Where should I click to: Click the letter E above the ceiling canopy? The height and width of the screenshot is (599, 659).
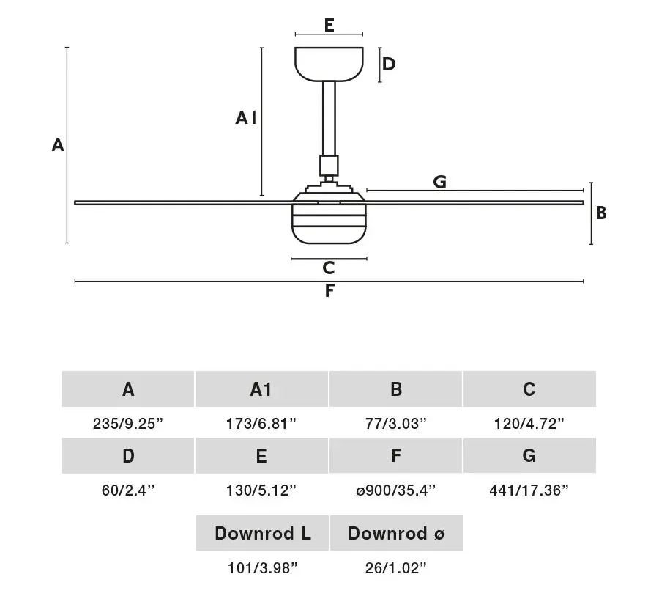click(x=329, y=25)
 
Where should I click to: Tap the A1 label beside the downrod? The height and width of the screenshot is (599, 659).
click(x=246, y=118)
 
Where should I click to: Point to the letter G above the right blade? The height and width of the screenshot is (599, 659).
click(x=439, y=182)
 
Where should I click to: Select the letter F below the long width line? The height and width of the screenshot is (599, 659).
click(x=329, y=290)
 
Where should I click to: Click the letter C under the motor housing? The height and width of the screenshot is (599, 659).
click(x=329, y=268)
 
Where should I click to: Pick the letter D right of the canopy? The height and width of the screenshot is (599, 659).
click(x=389, y=64)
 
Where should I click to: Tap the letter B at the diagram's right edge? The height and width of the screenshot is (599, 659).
click(x=601, y=213)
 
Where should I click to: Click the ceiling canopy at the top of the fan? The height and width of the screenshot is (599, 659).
click(x=329, y=64)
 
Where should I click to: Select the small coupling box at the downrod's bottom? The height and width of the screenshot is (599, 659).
click(x=329, y=166)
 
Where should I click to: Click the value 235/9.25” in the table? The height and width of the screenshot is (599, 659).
click(x=127, y=424)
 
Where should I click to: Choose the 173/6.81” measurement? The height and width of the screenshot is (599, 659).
click(x=261, y=424)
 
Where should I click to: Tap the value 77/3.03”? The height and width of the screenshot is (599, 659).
click(x=396, y=424)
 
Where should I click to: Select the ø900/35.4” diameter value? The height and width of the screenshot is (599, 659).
click(x=396, y=490)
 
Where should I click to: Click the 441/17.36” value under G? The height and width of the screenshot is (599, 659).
click(x=529, y=490)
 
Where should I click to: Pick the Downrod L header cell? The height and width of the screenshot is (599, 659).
click(x=262, y=533)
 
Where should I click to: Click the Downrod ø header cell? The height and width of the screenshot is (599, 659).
click(x=396, y=533)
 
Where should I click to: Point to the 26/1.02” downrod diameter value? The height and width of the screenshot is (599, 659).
click(x=396, y=568)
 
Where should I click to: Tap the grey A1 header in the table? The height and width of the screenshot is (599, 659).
click(x=261, y=389)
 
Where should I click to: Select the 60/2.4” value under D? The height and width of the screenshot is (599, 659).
click(x=128, y=490)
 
